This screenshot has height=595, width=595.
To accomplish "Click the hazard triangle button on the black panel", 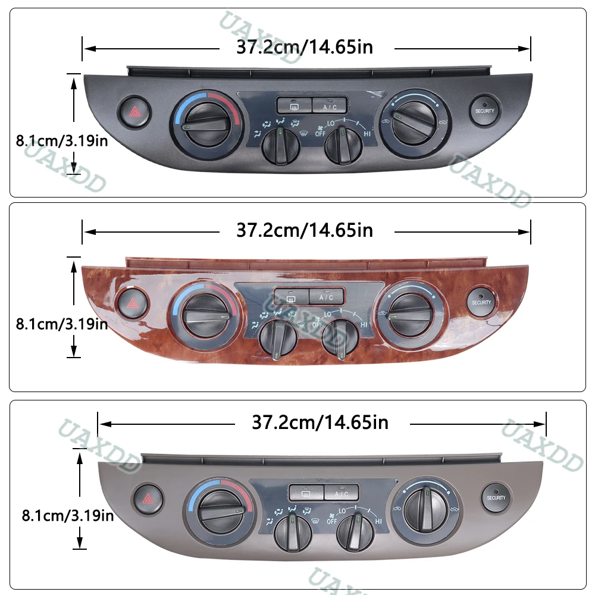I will [133, 111].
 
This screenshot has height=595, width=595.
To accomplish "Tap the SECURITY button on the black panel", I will [484, 111].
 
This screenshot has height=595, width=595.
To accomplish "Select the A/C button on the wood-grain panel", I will [326, 297].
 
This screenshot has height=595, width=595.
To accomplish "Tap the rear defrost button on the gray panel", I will [306, 493].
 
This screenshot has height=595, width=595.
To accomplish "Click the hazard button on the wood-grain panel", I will [131, 303].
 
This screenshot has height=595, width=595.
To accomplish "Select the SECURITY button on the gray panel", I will [496, 497].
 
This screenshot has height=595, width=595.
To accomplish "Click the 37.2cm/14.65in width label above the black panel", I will [305, 46].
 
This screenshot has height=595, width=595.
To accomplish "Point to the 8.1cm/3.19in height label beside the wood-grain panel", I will [62, 324].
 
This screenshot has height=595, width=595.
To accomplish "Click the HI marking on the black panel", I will [368, 134].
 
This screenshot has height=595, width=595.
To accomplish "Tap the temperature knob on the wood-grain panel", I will [204, 312].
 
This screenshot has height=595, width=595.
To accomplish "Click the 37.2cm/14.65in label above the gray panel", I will [320, 423].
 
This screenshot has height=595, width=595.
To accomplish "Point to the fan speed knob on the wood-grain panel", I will [339, 338].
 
